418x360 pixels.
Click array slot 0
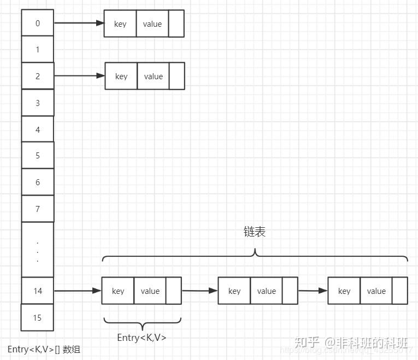37,23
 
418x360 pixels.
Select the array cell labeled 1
37,49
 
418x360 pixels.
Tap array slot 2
37,76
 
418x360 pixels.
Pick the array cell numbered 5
37,156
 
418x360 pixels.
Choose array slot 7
37,209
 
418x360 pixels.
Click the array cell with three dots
37,250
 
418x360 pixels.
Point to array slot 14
37,291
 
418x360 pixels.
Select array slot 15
37,317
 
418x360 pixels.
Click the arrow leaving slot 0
79,23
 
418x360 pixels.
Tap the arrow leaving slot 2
79,76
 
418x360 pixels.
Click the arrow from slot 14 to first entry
78,291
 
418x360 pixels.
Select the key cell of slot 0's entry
120,24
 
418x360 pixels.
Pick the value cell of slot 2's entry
153,76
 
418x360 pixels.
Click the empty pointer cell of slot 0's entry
176,24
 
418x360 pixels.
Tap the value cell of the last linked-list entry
376,291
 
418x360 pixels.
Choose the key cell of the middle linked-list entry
234,291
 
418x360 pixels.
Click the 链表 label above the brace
254,232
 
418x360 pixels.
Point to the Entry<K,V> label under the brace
142,338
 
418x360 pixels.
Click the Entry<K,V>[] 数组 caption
44,349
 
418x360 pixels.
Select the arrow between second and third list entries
313,291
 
